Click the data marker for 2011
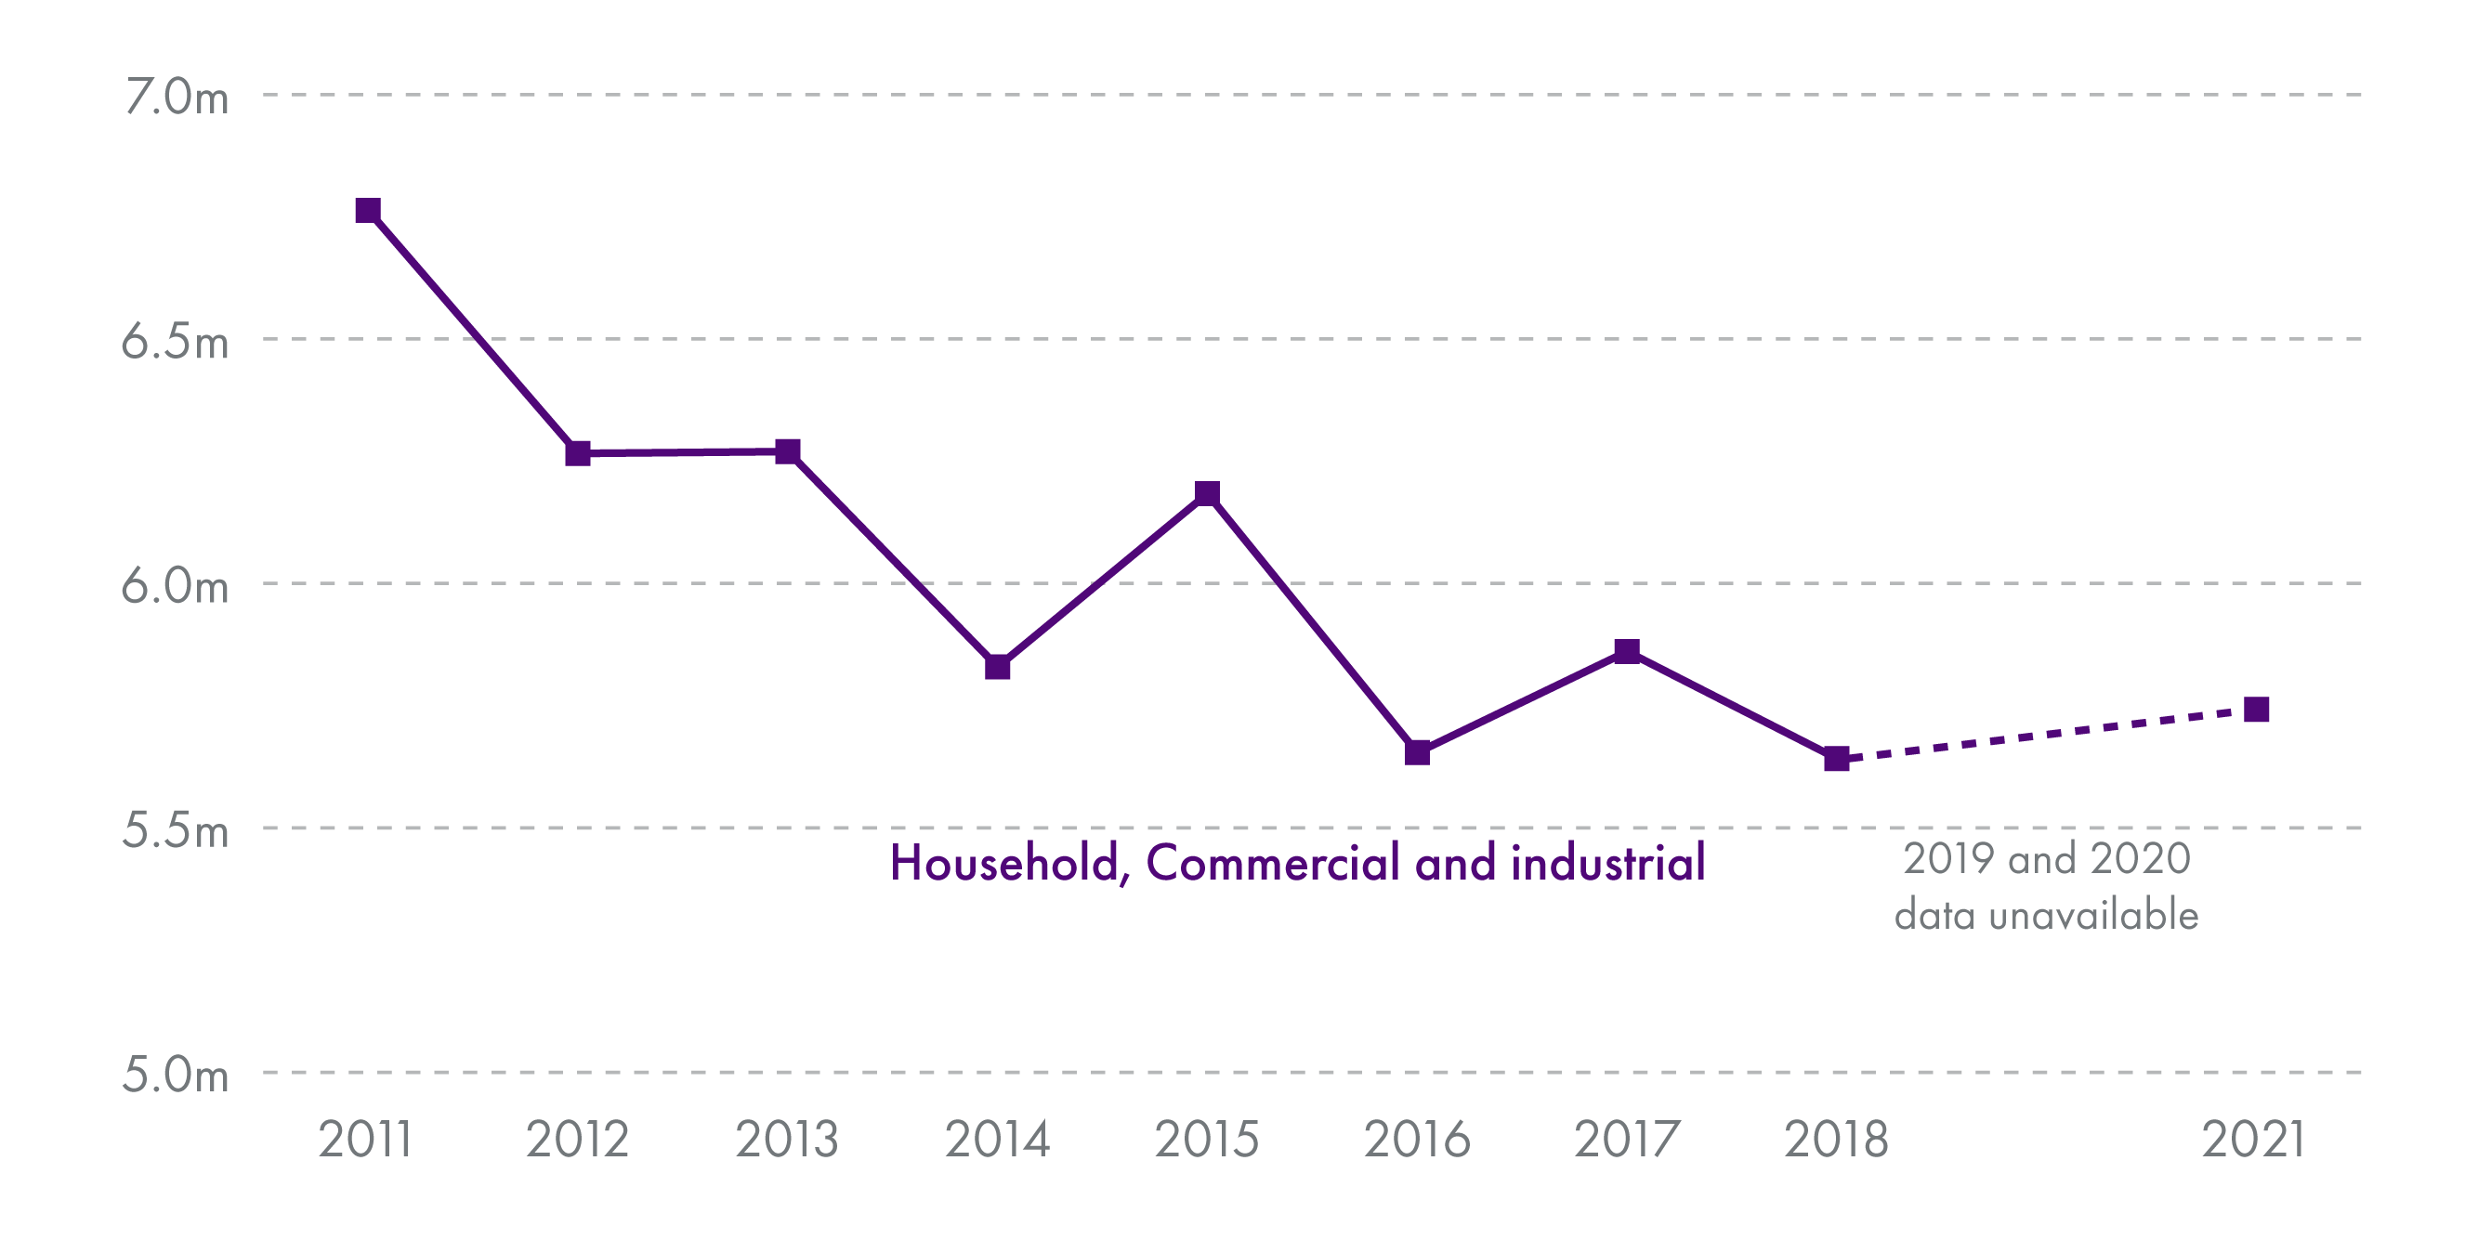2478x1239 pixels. [x=367, y=211]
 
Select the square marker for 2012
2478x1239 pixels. [x=577, y=453]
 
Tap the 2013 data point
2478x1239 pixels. [x=788, y=451]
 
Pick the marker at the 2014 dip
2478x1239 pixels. [x=998, y=667]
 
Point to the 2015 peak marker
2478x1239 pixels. [x=1207, y=493]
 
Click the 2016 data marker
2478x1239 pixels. [x=1417, y=752]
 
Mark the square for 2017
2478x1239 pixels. [x=1627, y=651]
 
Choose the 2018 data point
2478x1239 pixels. [x=1836, y=759]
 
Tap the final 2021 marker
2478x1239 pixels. [x=2257, y=710]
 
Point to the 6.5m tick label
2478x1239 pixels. [x=175, y=342]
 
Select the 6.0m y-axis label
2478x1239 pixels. [x=175, y=586]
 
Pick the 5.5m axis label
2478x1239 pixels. [x=175, y=830]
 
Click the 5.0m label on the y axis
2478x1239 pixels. [x=175, y=1075]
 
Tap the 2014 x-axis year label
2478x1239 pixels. [x=998, y=1140]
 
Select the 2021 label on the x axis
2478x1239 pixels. [x=2255, y=1140]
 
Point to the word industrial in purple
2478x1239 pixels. [x=1608, y=863]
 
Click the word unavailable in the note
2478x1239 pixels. [x=2094, y=915]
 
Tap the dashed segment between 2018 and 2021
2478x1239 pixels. [x=2047, y=735]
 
